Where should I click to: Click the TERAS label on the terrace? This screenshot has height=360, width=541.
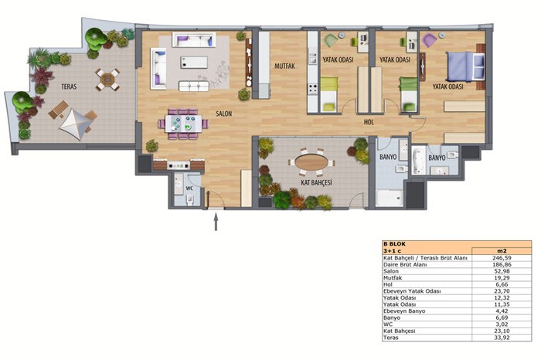pyautogui.click(x=69, y=87)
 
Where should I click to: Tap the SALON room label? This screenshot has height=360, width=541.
pyautogui.click(x=224, y=114)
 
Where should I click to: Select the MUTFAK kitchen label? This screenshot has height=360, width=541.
pyautogui.click(x=284, y=66)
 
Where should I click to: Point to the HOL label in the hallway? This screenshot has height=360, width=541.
pyautogui.click(x=369, y=122)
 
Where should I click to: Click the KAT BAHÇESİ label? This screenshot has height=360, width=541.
pyautogui.click(x=316, y=182)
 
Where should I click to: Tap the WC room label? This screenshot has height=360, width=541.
pyautogui.click(x=189, y=188)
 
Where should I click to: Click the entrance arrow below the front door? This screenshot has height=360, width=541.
pyautogui.click(x=216, y=222)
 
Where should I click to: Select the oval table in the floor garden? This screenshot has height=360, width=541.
pyautogui.click(x=311, y=161)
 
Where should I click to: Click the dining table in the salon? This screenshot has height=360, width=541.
pyautogui.click(x=183, y=124)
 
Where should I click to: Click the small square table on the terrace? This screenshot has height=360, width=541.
pyautogui.click(x=107, y=80)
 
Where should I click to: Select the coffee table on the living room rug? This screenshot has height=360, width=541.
pyautogui.click(x=194, y=63)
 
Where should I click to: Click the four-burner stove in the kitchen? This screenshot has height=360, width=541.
pyautogui.click(x=312, y=89)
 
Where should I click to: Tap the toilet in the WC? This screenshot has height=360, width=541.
pyautogui.click(x=190, y=199)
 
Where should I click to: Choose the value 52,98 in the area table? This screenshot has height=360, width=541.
pyautogui.click(x=502, y=271)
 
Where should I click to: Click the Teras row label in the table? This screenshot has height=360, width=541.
pyautogui.click(x=390, y=338)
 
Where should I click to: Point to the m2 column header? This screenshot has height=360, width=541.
pyautogui.click(x=502, y=251)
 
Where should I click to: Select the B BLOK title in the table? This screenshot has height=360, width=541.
pyautogui.click(x=394, y=244)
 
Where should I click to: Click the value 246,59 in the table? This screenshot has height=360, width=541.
pyautogui.click(x=502, y=257)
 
